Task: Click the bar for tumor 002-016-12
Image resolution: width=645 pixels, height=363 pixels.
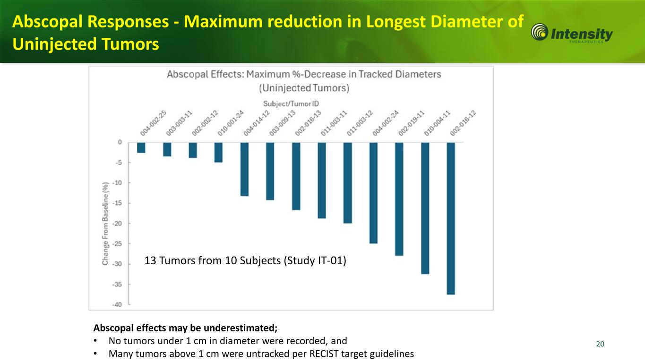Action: tap(451, 218)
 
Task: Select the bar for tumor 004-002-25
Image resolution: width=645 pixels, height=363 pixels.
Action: tap(141, 147)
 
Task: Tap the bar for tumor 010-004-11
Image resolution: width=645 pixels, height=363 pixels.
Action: tap(425, 207)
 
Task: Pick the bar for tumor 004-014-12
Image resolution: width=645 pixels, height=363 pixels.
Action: tap(244, 169)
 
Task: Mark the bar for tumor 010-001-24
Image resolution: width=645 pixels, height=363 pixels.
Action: tap(218, 152)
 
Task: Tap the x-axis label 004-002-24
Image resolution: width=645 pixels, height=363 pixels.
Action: tap(385, 124)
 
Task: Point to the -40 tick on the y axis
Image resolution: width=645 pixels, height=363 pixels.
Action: tap(116, 304)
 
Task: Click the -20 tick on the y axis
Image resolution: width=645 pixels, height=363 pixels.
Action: tap(116, 223)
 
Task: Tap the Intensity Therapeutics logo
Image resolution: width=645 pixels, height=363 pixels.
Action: tap(572, 34)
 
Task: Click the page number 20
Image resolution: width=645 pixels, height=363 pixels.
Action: tap(600, 344)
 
